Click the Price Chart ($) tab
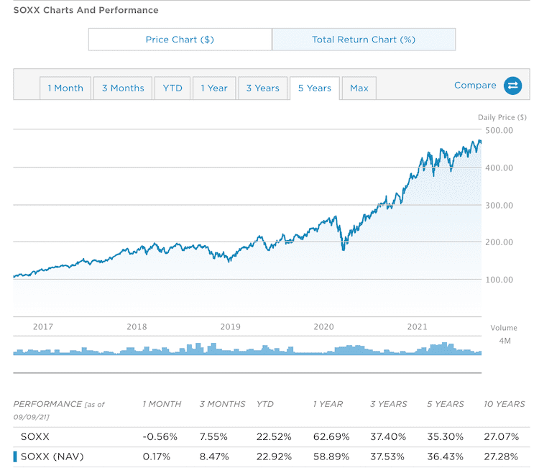point(180,40)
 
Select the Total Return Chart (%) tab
point(364,40)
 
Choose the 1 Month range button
point(65,88)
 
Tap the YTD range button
point(172,88)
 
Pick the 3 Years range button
point(262,88)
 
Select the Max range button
point(359,88)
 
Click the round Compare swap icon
point(512,86)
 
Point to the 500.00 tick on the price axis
point(499,130)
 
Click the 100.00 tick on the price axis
point(499,280)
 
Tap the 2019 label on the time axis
point(230,326)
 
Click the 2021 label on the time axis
point(418,326)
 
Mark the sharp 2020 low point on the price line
point(344,249)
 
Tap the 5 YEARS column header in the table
point(445,404)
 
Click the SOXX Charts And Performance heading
point(86,10)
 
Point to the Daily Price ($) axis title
point(502,116)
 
